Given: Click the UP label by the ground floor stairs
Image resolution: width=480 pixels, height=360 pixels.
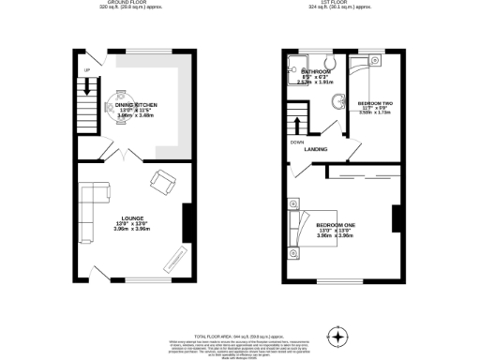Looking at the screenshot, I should click(85, 71).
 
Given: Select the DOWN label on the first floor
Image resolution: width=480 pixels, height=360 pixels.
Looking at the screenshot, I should click(296, 142).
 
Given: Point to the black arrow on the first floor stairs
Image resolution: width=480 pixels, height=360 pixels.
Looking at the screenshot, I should click(298, 125).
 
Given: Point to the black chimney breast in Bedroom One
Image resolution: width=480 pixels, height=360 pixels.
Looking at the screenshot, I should click(397, 220).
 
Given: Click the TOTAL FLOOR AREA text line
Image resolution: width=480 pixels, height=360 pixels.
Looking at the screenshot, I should click(239, 335).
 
